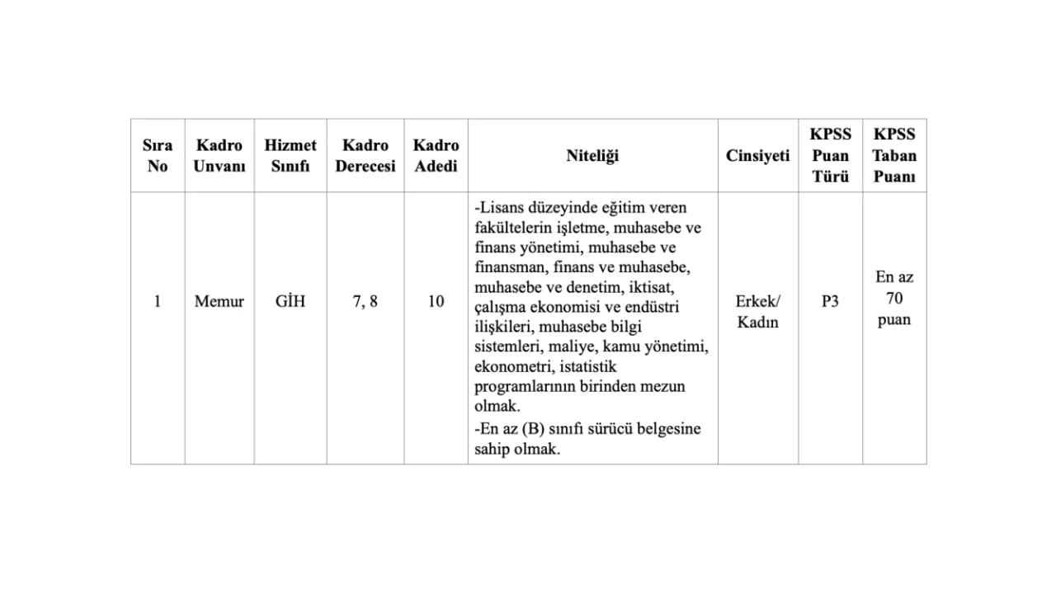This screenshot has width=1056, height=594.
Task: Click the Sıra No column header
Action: [x=158, y=156]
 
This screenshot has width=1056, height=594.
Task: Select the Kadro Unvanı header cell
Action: [x=219, y=156]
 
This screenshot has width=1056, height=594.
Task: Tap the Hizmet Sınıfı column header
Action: [x=290, y=156]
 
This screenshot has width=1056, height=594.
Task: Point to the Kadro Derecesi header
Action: [x=365, y=156]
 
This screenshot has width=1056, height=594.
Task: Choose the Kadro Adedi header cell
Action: [x=436, y=156]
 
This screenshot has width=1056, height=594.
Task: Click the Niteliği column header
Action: [x=592, y=156]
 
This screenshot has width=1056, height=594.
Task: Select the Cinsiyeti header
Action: [x=757, y=156]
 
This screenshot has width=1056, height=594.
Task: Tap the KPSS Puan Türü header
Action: [x=830, y=156]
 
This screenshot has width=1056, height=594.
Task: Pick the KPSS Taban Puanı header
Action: [x=894, y=156]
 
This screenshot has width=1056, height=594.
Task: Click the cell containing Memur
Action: [x=219, y=302]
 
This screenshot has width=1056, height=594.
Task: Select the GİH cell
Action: [x=290, y=302]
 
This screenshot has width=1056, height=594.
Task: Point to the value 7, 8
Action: [x=365, y=302]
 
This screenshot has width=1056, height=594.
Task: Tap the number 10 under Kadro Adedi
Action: [x=436, y=302]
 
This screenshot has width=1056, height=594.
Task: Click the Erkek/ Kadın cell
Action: [x=757, y=312]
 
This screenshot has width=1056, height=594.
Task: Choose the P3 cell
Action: [x=830, y=302]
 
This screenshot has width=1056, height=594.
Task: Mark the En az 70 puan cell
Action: [x=894, y=299]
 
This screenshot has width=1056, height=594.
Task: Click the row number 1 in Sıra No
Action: [x=158, y=302]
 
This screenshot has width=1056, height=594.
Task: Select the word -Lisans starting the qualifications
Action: [x=497, y=208]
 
